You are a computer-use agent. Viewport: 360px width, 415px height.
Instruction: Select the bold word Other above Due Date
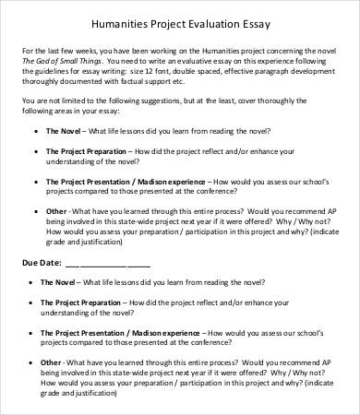coord(56,211)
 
